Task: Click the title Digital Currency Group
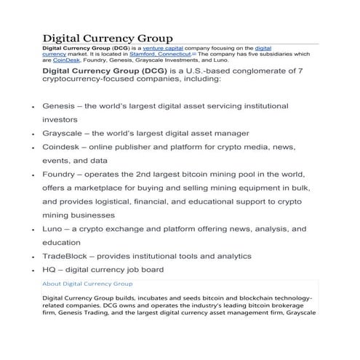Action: pyautogui.click(x=107, y=38)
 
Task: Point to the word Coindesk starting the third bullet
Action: pyautogui.click(x=63, y=147)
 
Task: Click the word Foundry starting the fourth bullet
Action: pyautogui.click(x=61, y=175)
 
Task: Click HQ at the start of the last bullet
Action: pyautogui.click(x=50, y=270)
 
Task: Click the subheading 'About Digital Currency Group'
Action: pyautogui.click(x=87, y=283)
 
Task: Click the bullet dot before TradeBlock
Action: pyautogui.click(x=33, y=257)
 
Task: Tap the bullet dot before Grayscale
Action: pyautogui.click(x=33, y=135)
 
